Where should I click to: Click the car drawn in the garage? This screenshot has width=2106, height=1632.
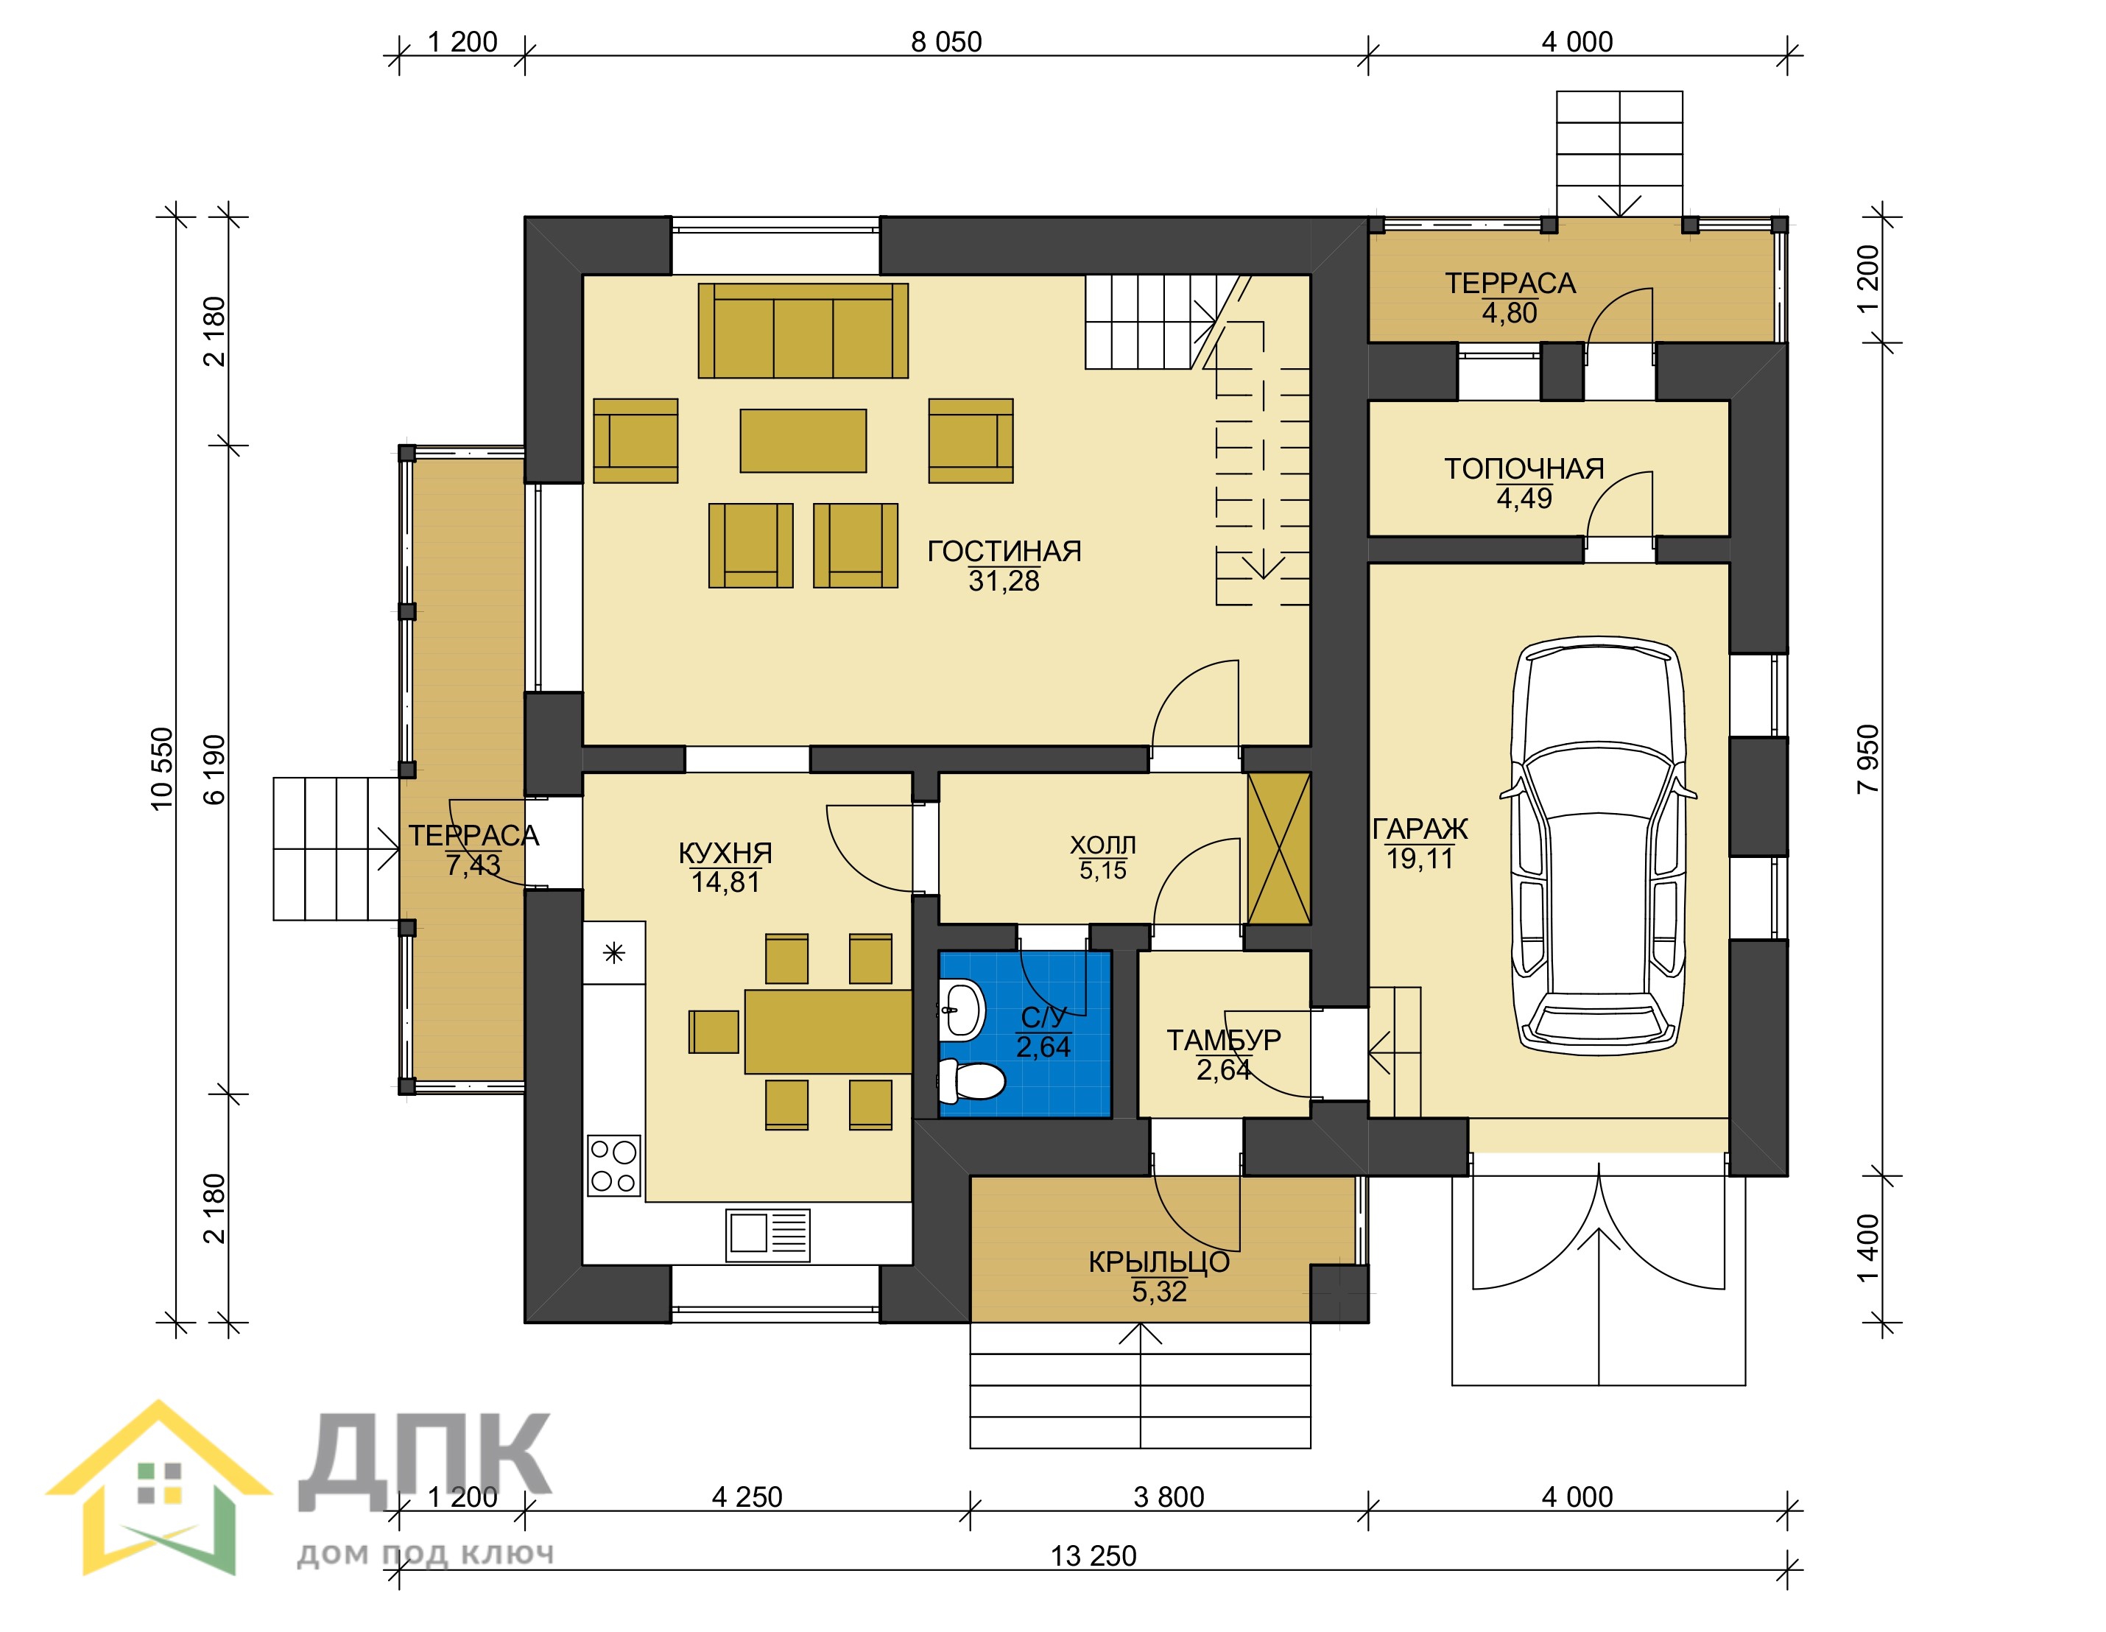tap(1598, 844)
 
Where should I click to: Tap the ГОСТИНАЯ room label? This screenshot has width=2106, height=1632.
tap(1004, 552)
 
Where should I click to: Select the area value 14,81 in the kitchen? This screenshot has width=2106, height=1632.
tap(725, 882)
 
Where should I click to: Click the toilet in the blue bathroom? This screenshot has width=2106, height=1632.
tap(971, 1081)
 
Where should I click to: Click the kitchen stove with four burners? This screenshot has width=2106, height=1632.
tap(613, 1165)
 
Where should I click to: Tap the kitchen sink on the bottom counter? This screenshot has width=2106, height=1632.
tap(767, 1234)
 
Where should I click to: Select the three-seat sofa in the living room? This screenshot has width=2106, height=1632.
tap(803, 330)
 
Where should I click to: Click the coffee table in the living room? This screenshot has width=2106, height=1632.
tap(803, 441)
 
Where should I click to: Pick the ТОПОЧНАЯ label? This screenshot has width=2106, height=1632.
tap(1524, 470)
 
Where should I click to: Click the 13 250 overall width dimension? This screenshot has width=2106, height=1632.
tap(1093, 1556)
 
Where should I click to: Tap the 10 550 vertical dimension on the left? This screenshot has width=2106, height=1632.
tap(163, 769)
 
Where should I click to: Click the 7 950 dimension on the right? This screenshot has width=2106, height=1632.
tap(1868, 759)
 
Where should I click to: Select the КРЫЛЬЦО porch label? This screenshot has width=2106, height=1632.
tap(1159, 1262)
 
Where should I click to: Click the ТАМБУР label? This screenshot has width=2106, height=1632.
tap(1224, 1041)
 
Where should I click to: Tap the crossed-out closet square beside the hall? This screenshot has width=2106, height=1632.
tap(1278, 849)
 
